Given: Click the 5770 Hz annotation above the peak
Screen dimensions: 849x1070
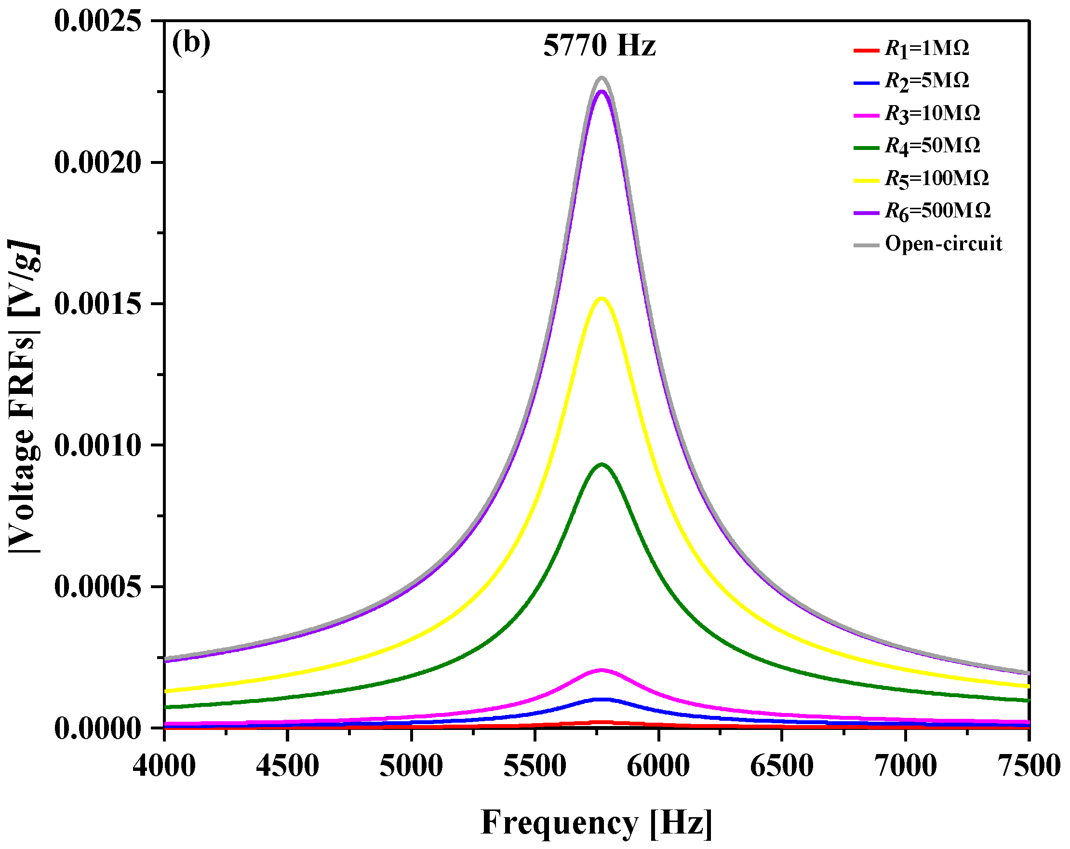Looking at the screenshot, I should point(599,46).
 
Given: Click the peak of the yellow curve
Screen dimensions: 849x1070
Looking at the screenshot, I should point(602,298).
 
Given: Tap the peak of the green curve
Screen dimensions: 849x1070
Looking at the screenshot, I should point(602,464).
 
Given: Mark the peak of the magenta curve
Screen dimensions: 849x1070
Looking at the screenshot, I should point(602,670).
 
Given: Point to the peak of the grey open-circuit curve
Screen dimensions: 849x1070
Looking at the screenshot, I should point(602,78).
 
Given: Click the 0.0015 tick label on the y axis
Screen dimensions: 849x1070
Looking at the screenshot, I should point(98,303).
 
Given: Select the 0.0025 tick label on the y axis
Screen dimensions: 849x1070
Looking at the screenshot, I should point(98,21).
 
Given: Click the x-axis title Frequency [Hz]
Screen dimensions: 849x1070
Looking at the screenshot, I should point(596,823).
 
